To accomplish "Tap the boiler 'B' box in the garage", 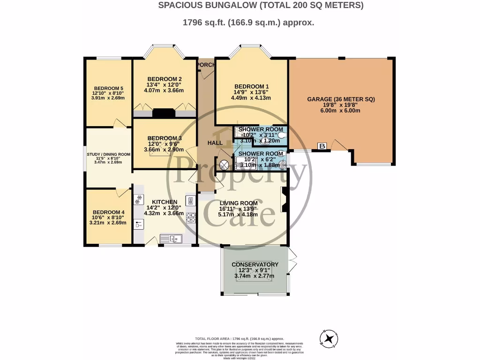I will coord(322,146).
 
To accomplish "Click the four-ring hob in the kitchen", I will coord(191,217).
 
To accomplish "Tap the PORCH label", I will coord(205,65).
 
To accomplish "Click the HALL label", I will coord(215,142).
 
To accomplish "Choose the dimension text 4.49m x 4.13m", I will coord(252,98).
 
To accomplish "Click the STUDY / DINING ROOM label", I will coord(108,154).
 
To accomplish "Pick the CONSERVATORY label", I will coord(255,264).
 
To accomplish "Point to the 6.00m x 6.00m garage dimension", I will coord(341,111).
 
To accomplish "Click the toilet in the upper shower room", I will coord(280,134).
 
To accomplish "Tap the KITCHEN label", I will coord(164,202).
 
